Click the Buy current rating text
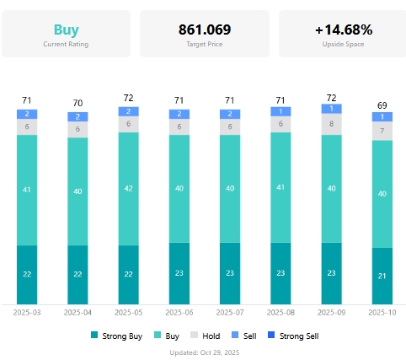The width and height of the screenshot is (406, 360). coord(66,30)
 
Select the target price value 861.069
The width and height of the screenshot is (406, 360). coord(205,30)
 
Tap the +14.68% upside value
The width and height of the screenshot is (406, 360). coord(344,30)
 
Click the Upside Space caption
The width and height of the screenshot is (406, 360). coord(344,44)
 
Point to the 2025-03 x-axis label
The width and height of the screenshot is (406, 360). coord(27,312)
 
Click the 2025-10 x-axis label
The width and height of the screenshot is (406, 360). coord(382,312)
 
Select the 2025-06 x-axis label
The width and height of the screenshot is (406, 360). coord(179,312)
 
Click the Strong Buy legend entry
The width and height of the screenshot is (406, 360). coord(115,336)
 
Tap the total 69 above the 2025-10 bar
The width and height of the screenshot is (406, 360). coord(382,105)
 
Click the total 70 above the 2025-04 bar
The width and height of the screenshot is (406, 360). coord(77,104)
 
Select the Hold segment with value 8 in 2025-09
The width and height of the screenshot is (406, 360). coord(332,124)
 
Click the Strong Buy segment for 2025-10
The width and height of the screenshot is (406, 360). coord(382,276)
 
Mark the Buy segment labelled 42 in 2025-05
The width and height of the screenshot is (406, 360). coord(128,189)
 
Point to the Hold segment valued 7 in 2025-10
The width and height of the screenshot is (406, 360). coord(382,131)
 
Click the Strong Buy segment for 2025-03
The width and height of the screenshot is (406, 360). coord(27,275)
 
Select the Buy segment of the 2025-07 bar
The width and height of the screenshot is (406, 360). coord(230,189)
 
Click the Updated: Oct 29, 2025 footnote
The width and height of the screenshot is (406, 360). coord(205,352)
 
